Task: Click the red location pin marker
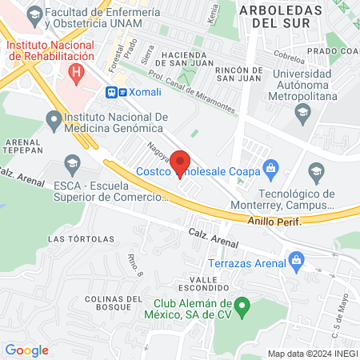point(180,163)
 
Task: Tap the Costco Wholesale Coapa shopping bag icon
point(271,168)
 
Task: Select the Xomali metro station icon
point(112,92)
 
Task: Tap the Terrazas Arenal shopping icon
point(298,260)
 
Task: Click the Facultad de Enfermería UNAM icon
point(34,14)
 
